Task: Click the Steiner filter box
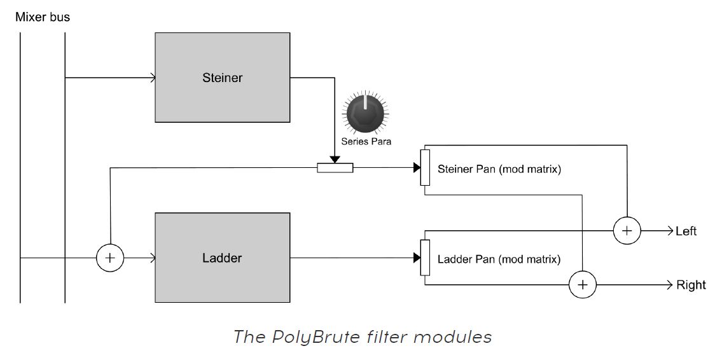pos(222,78)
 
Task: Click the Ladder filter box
pos(222,258)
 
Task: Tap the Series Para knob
pos(364,113)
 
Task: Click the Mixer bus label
pos(43,17)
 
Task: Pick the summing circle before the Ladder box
pos(110,258)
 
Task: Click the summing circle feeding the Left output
pos(627,231)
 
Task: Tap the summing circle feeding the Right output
pos(582,284)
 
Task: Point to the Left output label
pos(686,232)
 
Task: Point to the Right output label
pos(690,285)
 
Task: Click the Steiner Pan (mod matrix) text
pos(499,169)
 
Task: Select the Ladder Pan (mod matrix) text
pos(499,259)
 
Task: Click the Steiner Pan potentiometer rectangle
pos(425,168)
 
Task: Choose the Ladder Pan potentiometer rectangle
pos(425,258)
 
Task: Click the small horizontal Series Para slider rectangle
pos(335,168)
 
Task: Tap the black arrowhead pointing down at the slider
pos(335,159)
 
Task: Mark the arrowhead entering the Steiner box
pos(152,78)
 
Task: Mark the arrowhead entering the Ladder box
pos(152,258)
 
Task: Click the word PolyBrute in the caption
pos(303,336)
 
